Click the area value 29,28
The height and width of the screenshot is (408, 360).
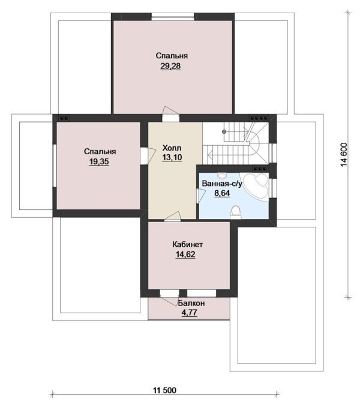pos(170,66)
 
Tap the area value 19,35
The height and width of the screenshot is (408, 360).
pos(99,161)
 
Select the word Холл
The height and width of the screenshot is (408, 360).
pos(172,148)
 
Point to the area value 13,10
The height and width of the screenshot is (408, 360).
pos(172,157)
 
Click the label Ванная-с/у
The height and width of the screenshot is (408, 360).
pos(222,184)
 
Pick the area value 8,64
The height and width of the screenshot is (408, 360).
pos(222,193)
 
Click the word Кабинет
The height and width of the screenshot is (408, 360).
pos(188,245)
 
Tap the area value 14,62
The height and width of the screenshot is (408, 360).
pos(185,254)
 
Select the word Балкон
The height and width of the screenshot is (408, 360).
pos(191,303)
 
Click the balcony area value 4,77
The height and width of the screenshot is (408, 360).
pos(190,312)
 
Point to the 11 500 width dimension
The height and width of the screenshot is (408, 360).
pos(164,391)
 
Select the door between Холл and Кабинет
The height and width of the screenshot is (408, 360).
pos(172,217)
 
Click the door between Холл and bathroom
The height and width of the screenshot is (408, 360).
pos(200,196)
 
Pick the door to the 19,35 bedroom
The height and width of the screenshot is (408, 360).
pos(148,155)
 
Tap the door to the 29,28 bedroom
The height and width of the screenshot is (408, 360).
pos(170,113)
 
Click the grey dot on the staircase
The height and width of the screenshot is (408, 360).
pos(224,131)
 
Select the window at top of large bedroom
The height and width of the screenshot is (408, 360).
pos(173,17)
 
